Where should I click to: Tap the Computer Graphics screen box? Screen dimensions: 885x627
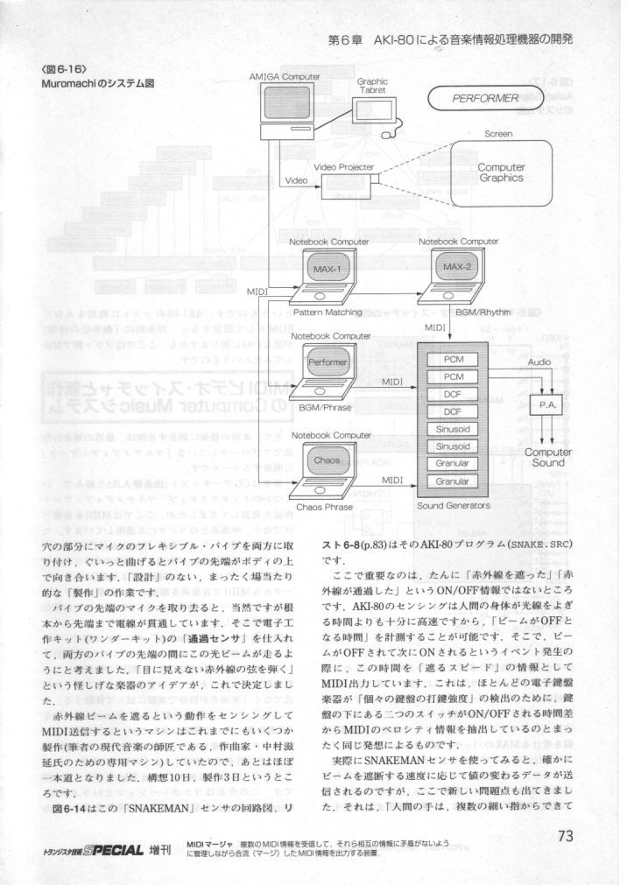click(x=501, y=172)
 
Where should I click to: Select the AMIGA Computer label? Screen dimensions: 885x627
click(x=285, y=77)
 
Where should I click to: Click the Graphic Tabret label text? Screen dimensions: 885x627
click(x=372, y=86)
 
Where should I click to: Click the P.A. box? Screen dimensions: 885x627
click(x=547, y=406)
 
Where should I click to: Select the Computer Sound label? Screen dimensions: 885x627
click(x=548, y=457)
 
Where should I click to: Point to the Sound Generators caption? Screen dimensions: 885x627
click(x=454, y=505)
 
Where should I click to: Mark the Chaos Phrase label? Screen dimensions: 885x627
click(x=324, y=506)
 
